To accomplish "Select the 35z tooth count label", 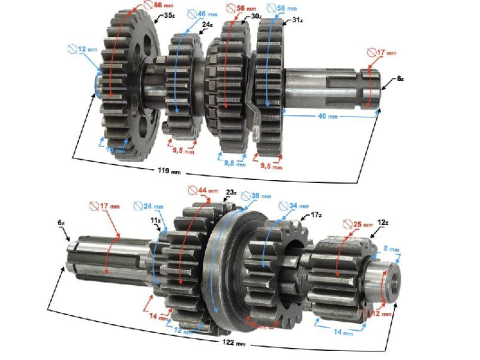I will tap(169, 15).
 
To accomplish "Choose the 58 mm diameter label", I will tap(283, 8).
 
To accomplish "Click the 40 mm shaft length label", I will tap(330, 117).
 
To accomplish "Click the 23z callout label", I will tap(230, 192).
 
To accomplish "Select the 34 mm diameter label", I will tap(296, 205).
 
